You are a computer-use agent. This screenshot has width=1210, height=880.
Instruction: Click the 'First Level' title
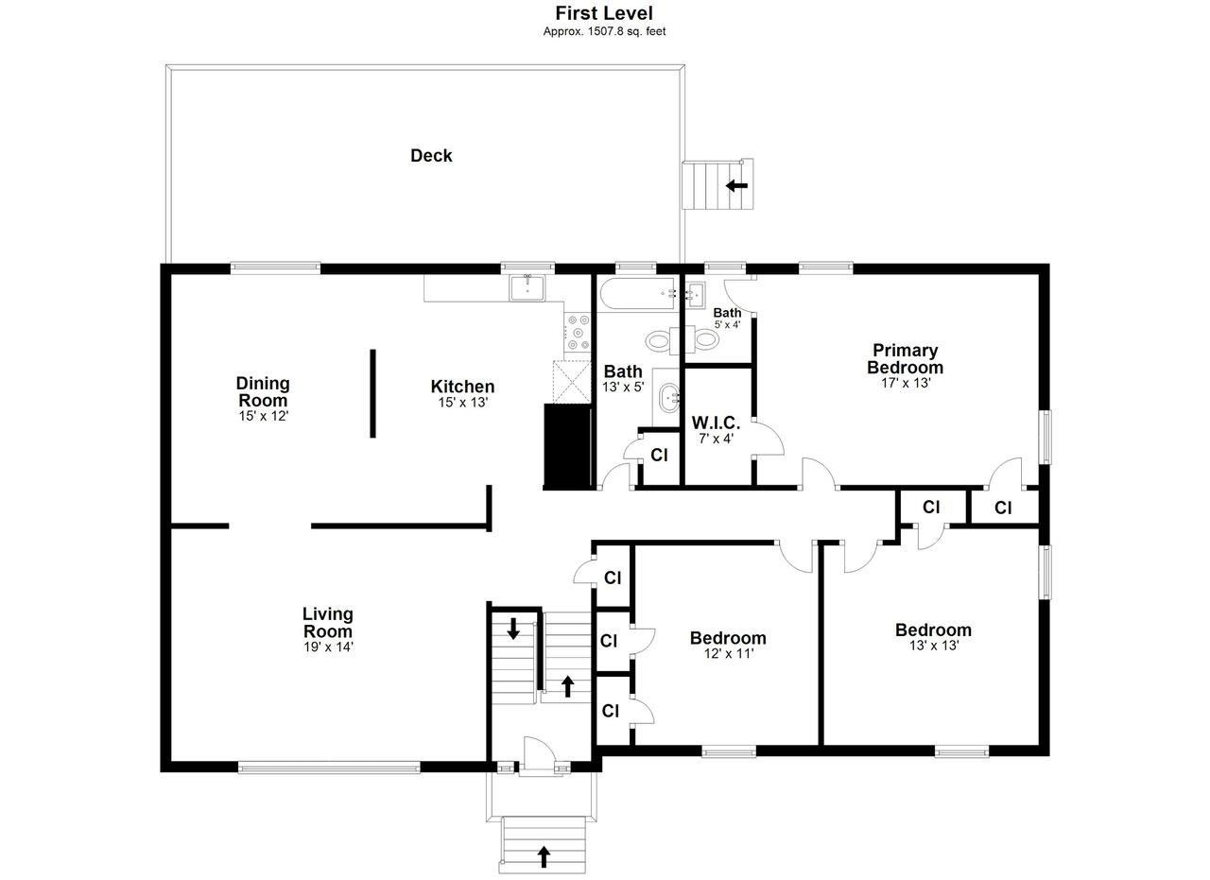(604, 13)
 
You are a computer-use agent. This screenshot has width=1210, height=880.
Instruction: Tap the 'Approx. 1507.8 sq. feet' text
(604, 31)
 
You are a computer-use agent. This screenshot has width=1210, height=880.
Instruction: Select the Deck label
(431, 156)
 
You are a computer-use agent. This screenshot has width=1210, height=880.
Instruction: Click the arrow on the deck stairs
(736, 186)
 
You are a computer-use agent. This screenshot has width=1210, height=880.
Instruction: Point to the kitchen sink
(527, 287)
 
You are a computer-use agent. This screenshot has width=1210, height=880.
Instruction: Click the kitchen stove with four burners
(578, 333)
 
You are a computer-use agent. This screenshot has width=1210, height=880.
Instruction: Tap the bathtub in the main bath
(638, 294)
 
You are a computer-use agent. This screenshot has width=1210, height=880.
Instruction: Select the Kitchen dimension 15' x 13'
(463, 403)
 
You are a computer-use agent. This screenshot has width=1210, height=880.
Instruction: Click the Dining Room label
(263, 391)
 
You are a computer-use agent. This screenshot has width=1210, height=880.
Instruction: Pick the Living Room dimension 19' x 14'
(328, 647)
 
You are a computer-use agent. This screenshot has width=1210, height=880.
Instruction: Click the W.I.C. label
(716, 422)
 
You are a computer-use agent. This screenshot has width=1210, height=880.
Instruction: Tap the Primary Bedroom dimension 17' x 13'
(906, 383)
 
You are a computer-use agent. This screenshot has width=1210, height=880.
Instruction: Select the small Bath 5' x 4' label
(727, 318)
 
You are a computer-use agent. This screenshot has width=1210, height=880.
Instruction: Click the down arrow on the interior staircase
(513, 629)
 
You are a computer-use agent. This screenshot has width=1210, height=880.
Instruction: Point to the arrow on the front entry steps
(544, 856)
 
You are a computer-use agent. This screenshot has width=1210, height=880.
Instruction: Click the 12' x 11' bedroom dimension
(729, 654)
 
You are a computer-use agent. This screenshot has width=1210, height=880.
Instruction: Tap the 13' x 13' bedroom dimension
(934, 646)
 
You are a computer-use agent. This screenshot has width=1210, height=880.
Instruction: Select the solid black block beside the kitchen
(567, 447)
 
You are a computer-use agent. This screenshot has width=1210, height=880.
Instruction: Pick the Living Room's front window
(329, 768)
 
